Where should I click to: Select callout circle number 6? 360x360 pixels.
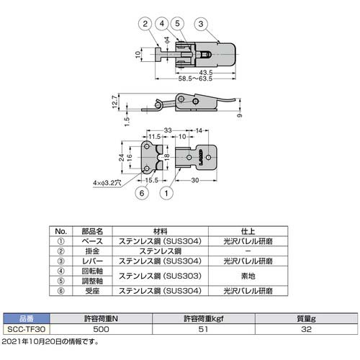coord(143,192)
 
